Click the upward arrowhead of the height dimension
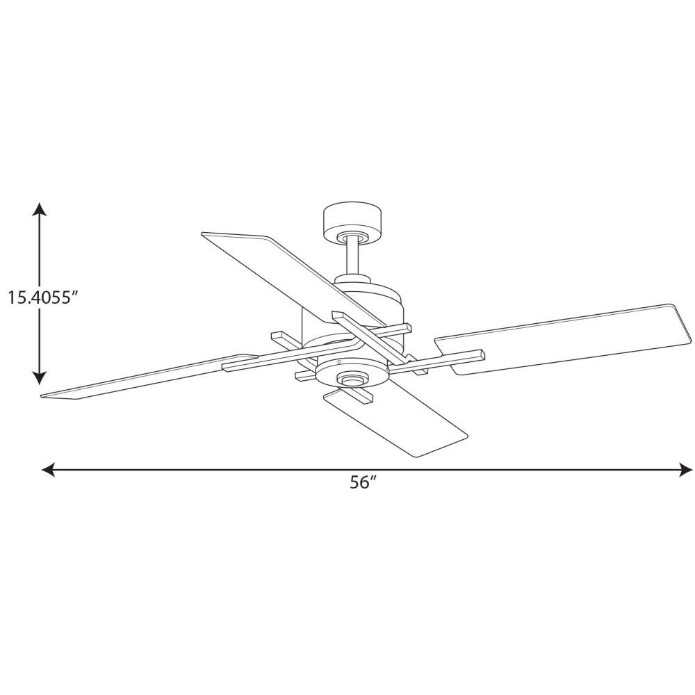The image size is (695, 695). coord(40,209)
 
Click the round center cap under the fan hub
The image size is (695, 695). coord(352,380)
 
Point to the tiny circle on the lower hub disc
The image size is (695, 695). coord(338,362)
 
